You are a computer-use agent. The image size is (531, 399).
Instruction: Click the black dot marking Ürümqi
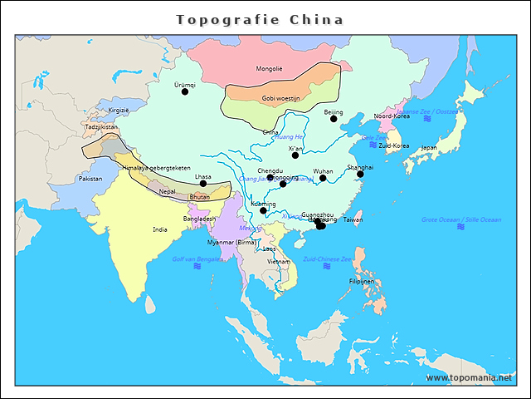coord(185,91)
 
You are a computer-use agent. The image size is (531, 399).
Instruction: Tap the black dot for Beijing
coord(334,119)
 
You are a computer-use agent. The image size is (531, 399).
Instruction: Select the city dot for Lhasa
coord(203,184)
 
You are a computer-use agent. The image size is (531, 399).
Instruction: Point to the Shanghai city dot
coord(360,174)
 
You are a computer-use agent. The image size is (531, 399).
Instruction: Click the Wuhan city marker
coord(323,178)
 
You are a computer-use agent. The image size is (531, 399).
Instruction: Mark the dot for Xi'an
coord(295,155)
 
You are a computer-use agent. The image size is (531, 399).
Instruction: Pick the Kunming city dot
coord(263,210)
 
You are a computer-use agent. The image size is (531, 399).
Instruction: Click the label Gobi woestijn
coord(280,98)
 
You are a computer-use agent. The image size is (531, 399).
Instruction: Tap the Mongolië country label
coord(269,68)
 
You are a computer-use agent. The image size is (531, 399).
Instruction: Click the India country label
coord(160,229)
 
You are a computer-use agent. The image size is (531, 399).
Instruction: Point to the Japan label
coord(429,148)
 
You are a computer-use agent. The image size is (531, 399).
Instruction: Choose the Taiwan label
coord(353,219)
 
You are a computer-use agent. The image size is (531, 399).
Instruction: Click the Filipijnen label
coord(362,281)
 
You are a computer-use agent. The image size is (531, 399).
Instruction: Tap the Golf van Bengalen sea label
coord(197,259)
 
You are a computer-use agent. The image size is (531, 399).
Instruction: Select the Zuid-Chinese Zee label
coord(327,259)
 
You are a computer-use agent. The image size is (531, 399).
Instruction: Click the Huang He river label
coord(289,136)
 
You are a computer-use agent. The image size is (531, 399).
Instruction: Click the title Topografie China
coord(260,19)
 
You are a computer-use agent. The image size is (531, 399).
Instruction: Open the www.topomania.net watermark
coord(469,377)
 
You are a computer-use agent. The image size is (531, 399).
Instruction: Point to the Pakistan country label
coord(90,179)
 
